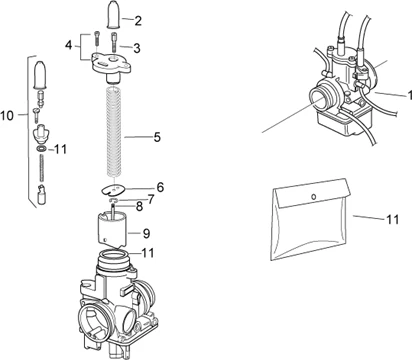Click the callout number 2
(x=138, y=21)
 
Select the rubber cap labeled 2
(x=115, y=15)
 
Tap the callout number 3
(x=137, y=48)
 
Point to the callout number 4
(x=68, y=45)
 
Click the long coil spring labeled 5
(x=115, y=132)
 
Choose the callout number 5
(x=157, y=137)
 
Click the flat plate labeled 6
(x=113, y=190)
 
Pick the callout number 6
(x=160, y=187)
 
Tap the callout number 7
(x=151, y=200)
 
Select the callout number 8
(x=139, y=207)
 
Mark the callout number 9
(x=146, y=233)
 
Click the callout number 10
(x=7, y=116)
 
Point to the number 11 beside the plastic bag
(x=393, y=219)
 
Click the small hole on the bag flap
(x=313, y=196)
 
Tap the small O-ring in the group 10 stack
(x=42, y=149)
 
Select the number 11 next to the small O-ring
(x=60, y=149)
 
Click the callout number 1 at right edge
(x=410, y=96)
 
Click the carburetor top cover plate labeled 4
(x=111, y=67)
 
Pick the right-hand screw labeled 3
(x=115, y=41)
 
